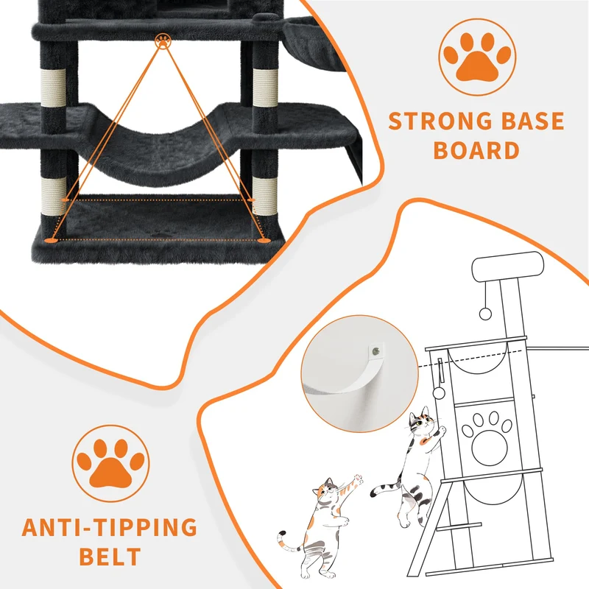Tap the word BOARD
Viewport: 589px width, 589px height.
476,151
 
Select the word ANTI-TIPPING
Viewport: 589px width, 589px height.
109,527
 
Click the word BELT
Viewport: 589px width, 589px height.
110,557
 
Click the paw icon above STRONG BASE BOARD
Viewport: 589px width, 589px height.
477,57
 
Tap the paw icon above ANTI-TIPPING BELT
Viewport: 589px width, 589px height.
111,463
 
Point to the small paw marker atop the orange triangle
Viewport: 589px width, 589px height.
163,40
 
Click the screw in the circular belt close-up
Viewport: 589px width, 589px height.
375,352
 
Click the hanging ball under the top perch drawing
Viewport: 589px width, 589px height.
485,314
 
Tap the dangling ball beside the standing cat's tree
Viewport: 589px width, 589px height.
439,394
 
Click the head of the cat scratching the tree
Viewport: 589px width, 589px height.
421,422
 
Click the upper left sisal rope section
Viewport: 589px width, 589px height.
52,88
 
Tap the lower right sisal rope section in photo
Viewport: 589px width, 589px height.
264,197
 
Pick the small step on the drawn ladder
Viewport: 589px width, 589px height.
459,526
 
